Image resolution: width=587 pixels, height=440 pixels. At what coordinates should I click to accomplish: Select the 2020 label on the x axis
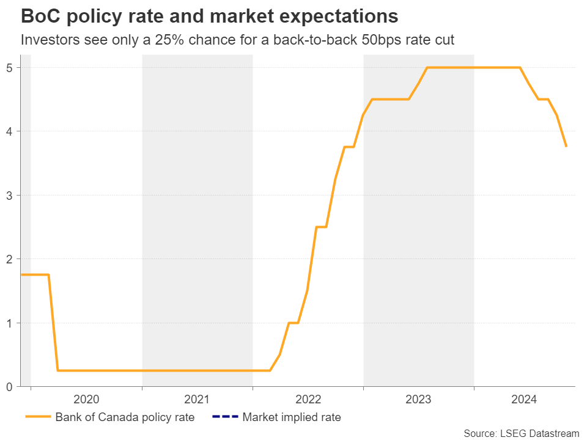click(x=86, y=400)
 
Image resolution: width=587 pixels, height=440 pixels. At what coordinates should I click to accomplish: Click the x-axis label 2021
click(x=196, y=400)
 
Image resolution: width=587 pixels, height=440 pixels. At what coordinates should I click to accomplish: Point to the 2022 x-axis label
click(x=308, y=400)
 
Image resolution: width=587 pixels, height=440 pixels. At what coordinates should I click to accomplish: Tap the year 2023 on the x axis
click(x=418, y=400)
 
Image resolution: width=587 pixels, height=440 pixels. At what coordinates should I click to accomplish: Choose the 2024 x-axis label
click(x=524, y=400)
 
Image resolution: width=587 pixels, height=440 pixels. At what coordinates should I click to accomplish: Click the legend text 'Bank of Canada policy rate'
click(x=125, y=418)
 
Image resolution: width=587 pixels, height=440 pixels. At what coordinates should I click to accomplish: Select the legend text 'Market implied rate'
click(x=292, y=418)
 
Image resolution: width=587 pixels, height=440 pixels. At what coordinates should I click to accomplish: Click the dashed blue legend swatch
click(x=224, y=418)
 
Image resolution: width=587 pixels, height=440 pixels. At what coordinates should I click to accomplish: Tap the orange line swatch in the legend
click(x=38, y=418)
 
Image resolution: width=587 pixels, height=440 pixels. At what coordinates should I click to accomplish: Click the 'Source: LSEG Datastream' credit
click(x=521, y=433)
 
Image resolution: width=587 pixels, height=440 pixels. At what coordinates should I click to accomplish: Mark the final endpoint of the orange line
click(x=566, y=147)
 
